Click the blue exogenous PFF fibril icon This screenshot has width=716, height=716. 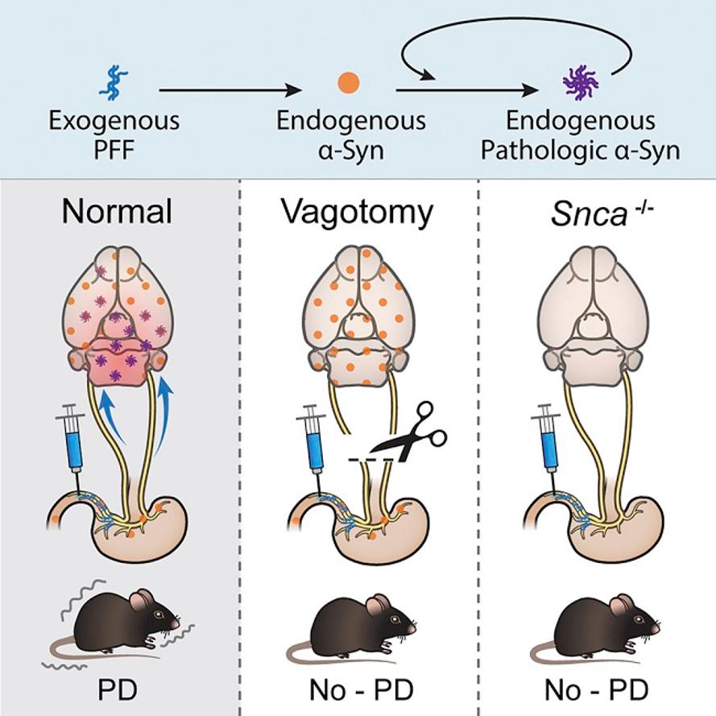coord(114,83)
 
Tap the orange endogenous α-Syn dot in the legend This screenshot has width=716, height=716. coord(349,83)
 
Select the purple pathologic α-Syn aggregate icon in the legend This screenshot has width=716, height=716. coord(581,83)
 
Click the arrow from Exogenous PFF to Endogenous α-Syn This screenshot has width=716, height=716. coord(230,90)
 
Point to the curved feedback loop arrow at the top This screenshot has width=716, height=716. coord(516,19)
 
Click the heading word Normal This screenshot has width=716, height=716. coord(118,212)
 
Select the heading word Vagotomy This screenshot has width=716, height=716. coord(357,213)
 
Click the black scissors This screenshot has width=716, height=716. coord(410,432)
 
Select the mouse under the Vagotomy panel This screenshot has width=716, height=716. coord(352,629)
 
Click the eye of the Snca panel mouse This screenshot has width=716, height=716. coord(639,619)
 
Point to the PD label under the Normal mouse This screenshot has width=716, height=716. coord(118,690)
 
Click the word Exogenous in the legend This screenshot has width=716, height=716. coord(114,121)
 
